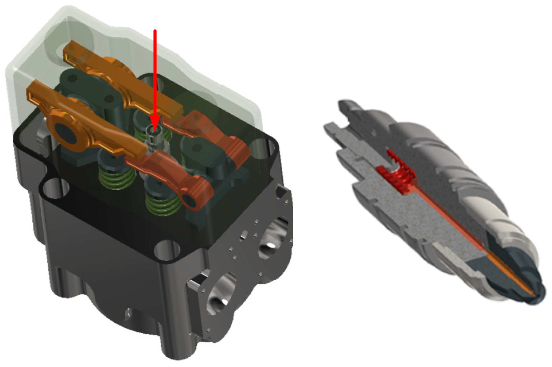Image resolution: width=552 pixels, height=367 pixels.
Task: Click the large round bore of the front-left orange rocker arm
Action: (65, 133)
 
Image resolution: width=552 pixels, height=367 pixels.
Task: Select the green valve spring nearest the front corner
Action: (162, 203)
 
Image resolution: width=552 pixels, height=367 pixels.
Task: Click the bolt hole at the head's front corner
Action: (167, 249)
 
